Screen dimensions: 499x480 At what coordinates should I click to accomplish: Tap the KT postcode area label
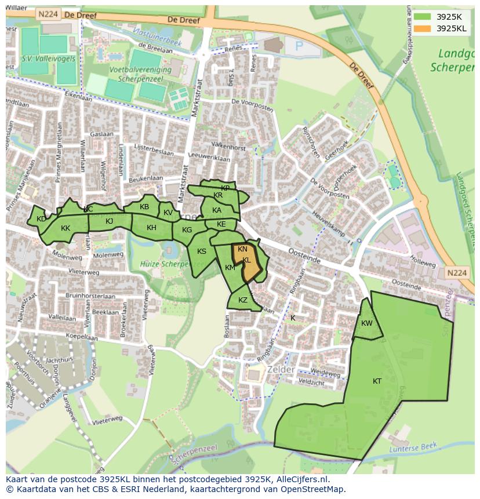(377, 381)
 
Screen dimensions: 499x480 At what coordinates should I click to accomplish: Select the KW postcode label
(366, 323)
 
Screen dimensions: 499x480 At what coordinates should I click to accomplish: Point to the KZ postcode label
(243, 300)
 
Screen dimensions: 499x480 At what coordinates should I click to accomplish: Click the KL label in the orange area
(247, 260)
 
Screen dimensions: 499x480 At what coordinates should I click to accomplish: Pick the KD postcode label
(41, 218)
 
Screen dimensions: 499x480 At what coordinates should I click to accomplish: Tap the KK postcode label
(66, 228)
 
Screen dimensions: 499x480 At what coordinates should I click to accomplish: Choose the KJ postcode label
(110, 221)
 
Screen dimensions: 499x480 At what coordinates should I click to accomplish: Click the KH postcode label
(151, 228)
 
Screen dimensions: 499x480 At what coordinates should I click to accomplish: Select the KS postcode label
(202, 251)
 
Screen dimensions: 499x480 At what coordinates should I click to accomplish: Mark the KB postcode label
(144, 207)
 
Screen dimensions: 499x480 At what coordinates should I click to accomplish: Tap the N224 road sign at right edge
(456, 272)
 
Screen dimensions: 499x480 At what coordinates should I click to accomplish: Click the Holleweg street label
(422, 264)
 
